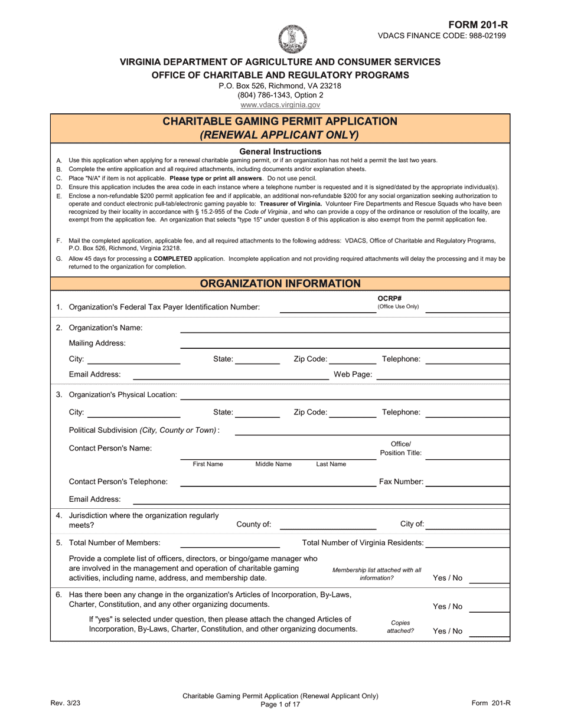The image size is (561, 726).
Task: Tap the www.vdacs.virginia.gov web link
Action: point(280,104)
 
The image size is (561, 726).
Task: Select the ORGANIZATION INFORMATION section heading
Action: point(280,283)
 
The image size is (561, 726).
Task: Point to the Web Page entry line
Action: point(442,374)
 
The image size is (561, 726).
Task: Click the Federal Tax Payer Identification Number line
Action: point(327,307)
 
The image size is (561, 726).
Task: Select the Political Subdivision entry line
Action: point(371,430)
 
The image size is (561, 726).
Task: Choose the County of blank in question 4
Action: point(327,524)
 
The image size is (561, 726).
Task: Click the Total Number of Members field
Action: point(230,542)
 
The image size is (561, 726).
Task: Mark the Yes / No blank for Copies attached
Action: point(489,631)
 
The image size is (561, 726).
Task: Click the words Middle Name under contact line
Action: point(273,464)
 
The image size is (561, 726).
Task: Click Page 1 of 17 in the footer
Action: point(280,704)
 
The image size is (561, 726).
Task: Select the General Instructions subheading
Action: point(280,151)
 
